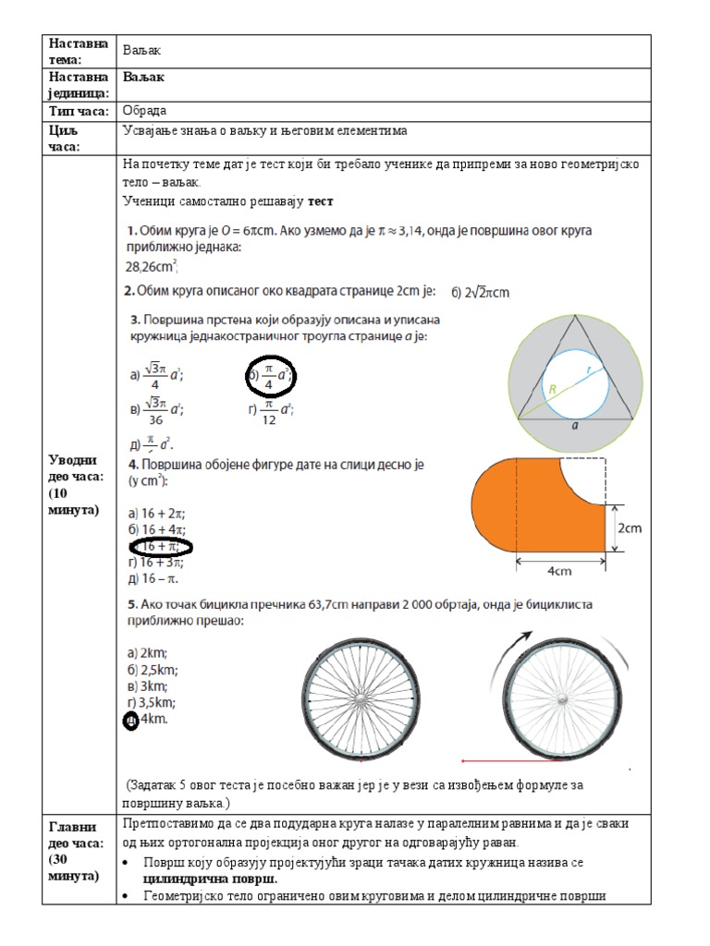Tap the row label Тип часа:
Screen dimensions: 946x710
click(x=79, y=111)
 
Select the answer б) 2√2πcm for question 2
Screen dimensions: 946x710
click(x=480, y=293)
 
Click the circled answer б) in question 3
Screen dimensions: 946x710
click(x=271, y=376)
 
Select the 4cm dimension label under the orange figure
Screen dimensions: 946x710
click(x=559, y=571)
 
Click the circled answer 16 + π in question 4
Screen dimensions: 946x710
click(x=161, y=546)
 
